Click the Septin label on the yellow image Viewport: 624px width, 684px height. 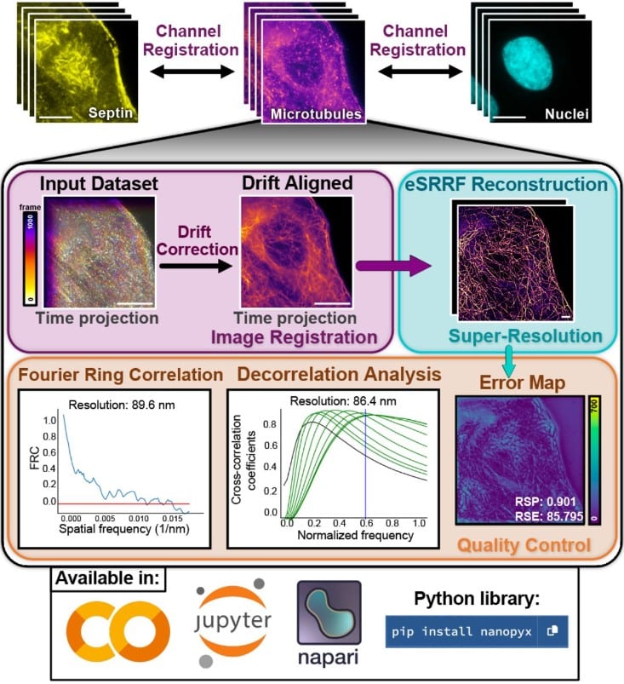pyautogui.click(x=111, y=112)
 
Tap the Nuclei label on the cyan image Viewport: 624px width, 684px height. pyautogui.click(x=566, y=114)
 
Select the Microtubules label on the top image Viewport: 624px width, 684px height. pyautogui.click(x=316, y=114)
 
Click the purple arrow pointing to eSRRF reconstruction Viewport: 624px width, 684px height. pyautogui.click(x=393, y=266)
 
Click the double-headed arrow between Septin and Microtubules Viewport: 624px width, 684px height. pyautogui.click(x=192, y=71)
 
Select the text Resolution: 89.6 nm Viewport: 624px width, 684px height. pyautogui.click(x=122, y=405)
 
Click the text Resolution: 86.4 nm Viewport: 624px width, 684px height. pyautogui.click(x=343, y=401)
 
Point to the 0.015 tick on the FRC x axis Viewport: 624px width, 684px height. pyautogui.click(x=173, y=519)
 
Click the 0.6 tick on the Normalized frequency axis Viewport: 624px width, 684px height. pyautogui.click(x=366, y=523)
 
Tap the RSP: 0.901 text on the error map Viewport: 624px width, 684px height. pyautogui.click(x=545, y=502)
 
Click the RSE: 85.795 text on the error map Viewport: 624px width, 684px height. pyautogui.click(x=549, y=516)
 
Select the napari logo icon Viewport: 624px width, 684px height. pyautogui.click(x=329, y=612)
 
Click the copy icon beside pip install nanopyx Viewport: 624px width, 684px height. pyautogui.click(x=552, y=631)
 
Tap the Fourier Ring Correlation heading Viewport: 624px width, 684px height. pyautogui.click(x=121, y=375)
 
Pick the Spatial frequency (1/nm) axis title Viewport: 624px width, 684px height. pyautogui.click(x=124, y=529)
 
